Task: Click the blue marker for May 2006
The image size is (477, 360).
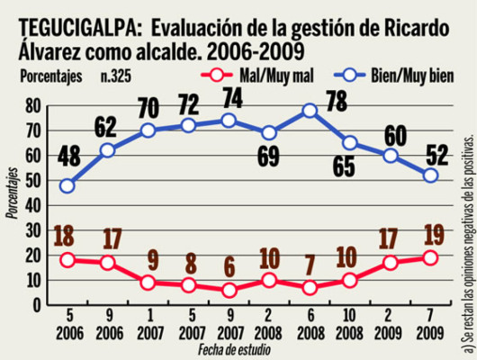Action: [x=67, y=186]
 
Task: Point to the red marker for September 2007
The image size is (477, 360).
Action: [x=229, y=291]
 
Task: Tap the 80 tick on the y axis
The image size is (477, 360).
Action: [x=34, y=105]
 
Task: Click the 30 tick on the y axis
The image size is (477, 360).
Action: [x=34, y=231]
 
